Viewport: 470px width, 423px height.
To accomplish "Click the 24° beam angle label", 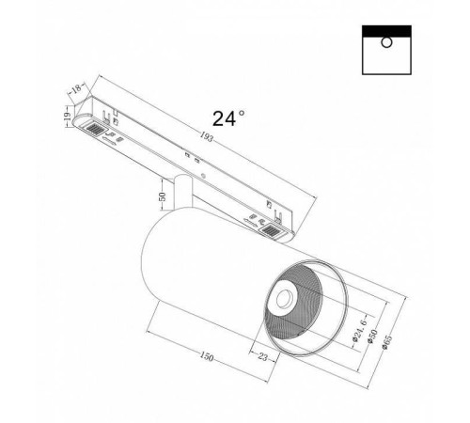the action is (228, 118).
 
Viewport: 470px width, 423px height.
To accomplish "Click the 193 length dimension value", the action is (207, 137).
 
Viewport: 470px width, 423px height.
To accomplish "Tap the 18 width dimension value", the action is (76, 88).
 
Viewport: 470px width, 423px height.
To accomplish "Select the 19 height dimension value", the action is (67, 117).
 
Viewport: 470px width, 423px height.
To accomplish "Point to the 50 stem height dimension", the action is (162, 196).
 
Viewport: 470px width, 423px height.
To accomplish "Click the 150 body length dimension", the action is (207, 356).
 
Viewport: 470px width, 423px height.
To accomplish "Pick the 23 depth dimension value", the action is (263, 356).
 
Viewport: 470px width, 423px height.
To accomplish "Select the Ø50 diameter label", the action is (373, 337).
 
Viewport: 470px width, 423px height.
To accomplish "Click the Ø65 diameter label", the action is (387, 342).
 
